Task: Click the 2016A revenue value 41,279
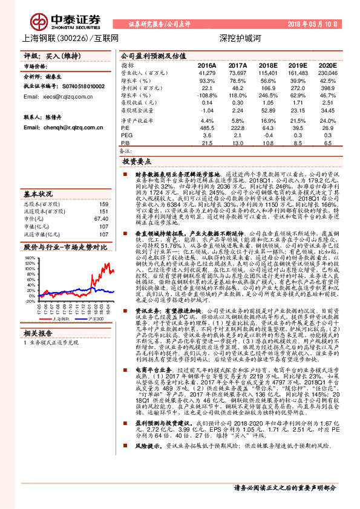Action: tap(207, 73)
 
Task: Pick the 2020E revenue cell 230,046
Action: tap(327, 73)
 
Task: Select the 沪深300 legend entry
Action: tap(90, 317)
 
